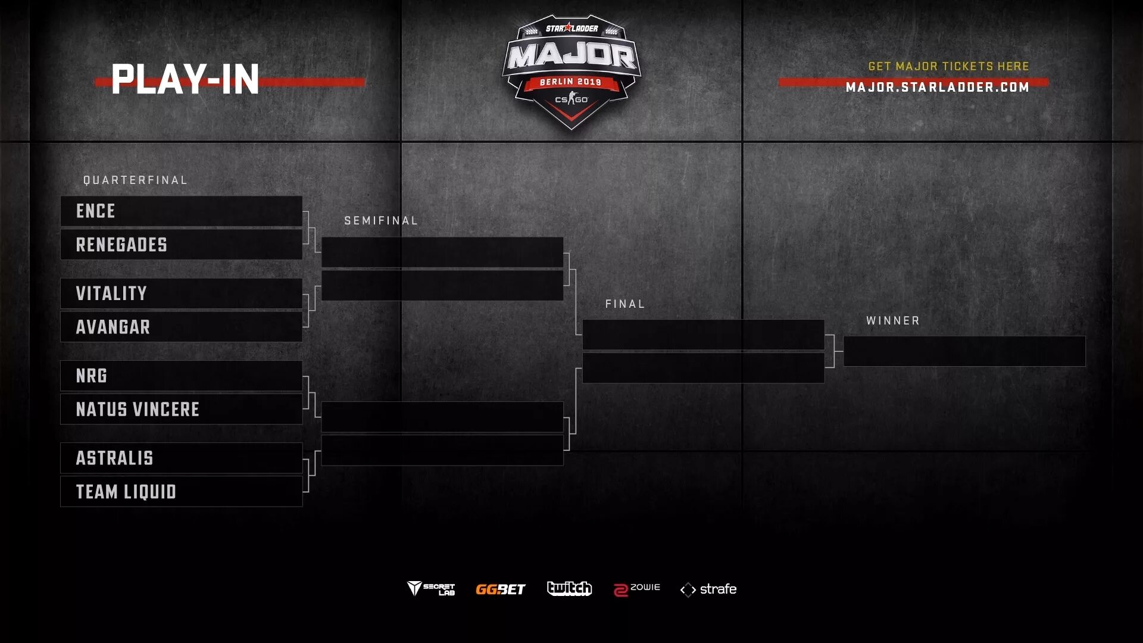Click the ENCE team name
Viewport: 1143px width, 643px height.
(x=96, y=211)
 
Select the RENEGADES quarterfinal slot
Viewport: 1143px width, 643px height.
(x=121, y=245)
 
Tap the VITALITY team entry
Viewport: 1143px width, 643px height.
(x=111, y=294)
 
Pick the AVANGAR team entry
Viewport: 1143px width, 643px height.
(x=113, y=327)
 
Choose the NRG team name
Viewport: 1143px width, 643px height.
(x=92, y=376)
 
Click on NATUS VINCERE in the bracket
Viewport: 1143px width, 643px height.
(x=138, y=409)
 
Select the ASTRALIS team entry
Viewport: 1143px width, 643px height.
(x=115, y=458)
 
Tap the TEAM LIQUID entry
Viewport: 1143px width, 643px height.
(x=126, y=492)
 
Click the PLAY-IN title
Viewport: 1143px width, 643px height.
(x=185, y=79)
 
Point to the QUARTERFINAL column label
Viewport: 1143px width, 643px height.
(x=135, y=180)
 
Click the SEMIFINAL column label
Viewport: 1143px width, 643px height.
(x=381, y=220)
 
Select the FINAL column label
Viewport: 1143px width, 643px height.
(x=625, y=304)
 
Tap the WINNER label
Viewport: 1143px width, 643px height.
(x=893, y=320)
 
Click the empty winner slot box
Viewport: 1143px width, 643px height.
(x=964, y=351)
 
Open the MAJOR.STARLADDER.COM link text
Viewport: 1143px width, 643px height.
(x=938, y=88)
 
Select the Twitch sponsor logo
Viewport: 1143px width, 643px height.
(x=569, y=588)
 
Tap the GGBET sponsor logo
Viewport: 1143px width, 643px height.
(x=500, y=589)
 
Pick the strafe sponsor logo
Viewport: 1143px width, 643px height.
(x=708, y=589)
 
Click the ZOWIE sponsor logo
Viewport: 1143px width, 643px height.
(x=637, y=589)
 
